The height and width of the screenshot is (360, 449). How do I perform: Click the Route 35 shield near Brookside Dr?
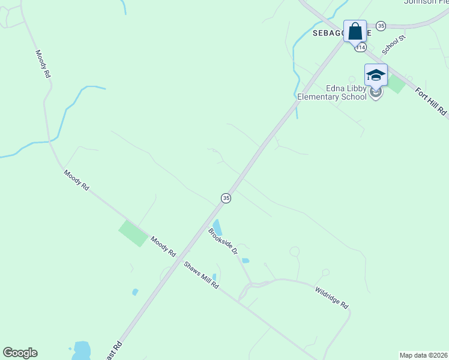(x=226, y=198)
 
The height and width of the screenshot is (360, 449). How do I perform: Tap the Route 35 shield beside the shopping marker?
(x=381, y=26)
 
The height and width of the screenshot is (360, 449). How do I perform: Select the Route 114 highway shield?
(x=360, y=46)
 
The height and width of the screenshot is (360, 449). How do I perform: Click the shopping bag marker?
(x=355, y=31)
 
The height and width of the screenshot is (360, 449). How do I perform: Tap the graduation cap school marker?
(x=376, y=75)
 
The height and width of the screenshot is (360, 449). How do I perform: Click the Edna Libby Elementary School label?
(x=332, y=92)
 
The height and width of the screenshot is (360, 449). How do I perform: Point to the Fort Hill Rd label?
(x=432, y=101)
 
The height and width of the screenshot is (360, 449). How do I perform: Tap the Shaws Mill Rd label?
(x=201, y=275)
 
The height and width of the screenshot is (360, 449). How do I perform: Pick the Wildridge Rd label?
(x=331, y=297)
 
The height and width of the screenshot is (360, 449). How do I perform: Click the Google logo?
(x=20, y=353)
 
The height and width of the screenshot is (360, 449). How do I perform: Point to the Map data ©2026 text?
(x=423, y=355)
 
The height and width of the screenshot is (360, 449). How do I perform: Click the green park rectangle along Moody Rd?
(x=134, y=233)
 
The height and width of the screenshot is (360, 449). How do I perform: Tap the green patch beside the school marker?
(x=397, y=84)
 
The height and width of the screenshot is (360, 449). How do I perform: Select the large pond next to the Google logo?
(x=81, y=350)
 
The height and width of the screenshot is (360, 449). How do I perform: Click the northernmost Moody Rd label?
(x=42, y=65)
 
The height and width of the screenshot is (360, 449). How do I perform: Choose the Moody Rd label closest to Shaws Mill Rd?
(x=163, y=245)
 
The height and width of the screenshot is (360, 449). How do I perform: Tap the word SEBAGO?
(x=327, y=34)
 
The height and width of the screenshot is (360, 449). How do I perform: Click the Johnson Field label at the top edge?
(x=427, y=2)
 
